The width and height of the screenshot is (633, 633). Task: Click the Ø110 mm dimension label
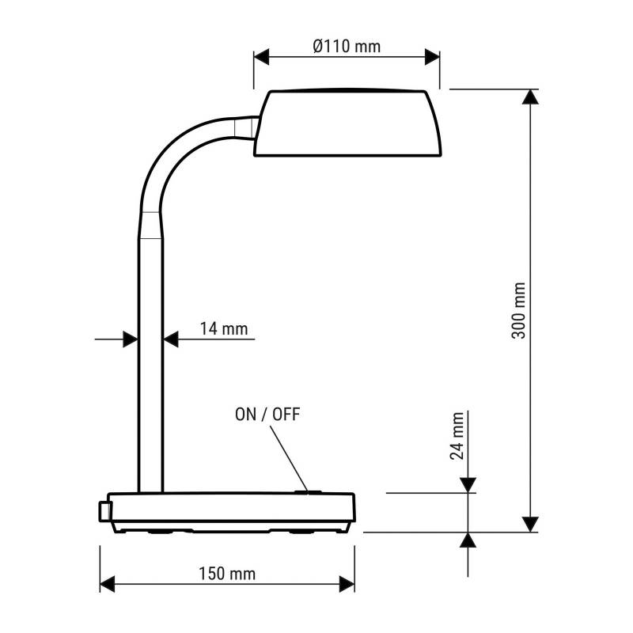click(347, 47)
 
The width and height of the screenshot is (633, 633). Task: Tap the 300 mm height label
click(518, 310)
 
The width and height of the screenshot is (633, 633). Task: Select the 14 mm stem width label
click(223, 328)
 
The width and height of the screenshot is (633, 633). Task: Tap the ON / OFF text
click(267, 414)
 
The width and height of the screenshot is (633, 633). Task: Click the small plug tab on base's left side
click(103, 511)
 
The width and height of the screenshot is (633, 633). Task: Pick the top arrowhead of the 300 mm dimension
click(531, 97)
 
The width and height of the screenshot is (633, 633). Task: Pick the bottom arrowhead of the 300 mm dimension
click(531, 524)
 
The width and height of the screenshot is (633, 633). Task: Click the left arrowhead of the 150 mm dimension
click(108, 584)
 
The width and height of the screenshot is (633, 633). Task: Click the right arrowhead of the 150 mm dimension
click(347, 584)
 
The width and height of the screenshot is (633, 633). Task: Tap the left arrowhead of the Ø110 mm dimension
click(262, 57)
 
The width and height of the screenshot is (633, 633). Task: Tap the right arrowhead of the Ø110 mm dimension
click(432, 57)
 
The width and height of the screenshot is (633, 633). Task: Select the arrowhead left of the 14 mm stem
click(131, 339)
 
